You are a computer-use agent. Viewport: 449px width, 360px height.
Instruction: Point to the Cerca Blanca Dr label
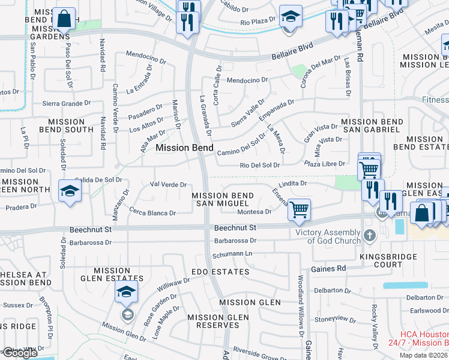click(x=152, y=212)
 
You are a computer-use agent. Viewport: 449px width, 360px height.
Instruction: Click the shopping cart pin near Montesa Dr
click(x=299, y=210)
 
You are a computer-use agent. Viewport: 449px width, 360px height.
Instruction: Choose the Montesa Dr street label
click(x=255, y=212)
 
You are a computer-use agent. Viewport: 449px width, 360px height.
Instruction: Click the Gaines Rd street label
click(x=328, y=268)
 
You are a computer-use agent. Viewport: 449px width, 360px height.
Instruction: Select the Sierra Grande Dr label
click(x=66, y=103)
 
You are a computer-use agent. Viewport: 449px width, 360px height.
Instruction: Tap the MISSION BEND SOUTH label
click(x=66, y=125)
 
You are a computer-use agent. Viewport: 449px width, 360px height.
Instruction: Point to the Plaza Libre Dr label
click(x=325, y=164)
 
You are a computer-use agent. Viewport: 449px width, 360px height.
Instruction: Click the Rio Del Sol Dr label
click(x=260, y=165)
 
